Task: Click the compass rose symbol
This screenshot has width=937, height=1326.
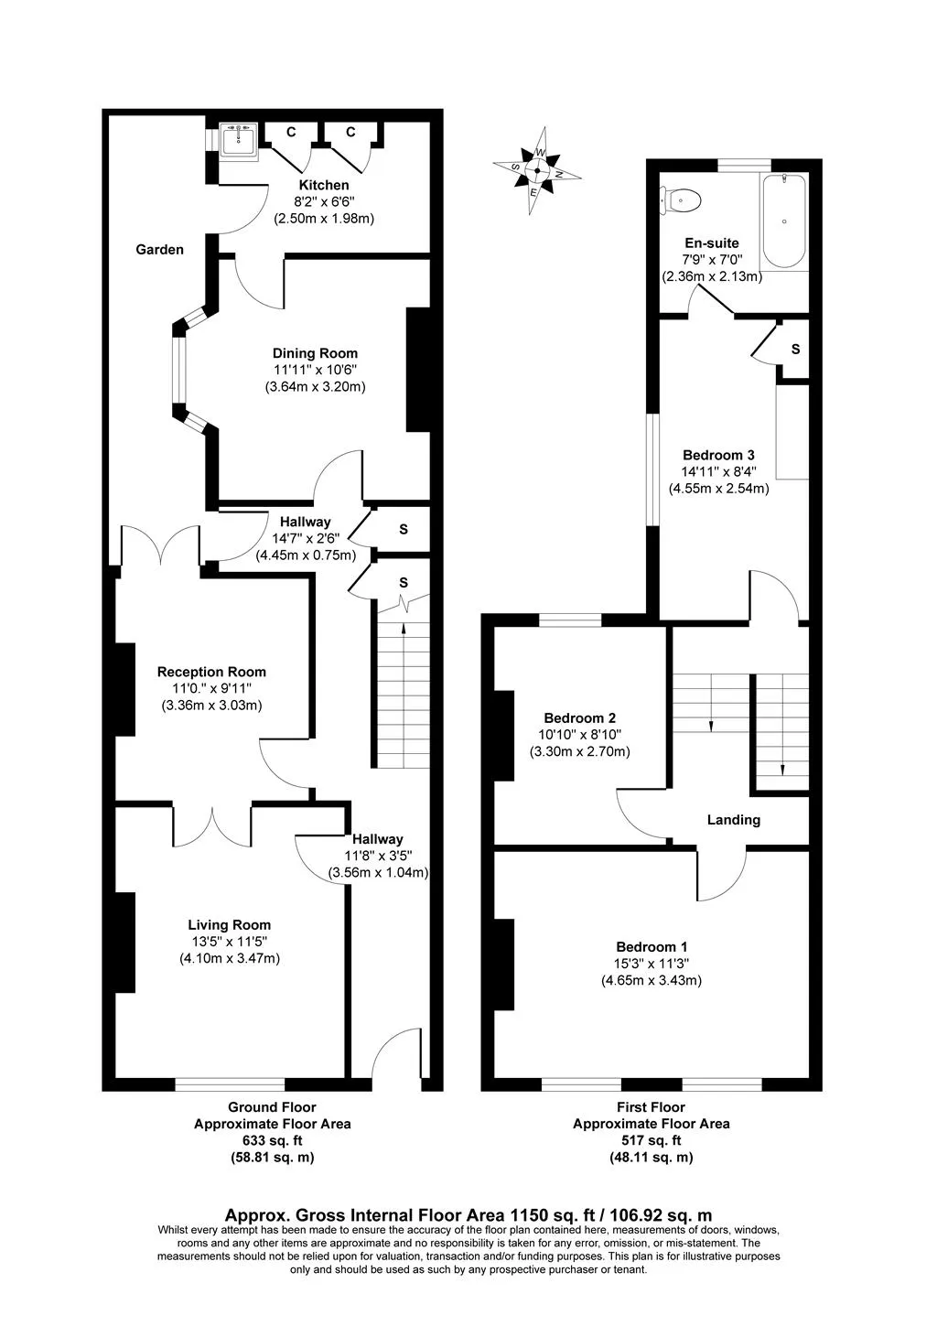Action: pos(537,170)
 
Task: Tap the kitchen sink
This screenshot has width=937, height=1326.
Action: pos(239,142)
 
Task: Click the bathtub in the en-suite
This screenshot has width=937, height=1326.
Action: pos(783,221)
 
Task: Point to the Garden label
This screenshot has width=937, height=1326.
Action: pos(159,250)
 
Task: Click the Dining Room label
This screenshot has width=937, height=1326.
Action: pos(315,353)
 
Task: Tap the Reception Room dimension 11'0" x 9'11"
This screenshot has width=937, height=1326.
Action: pos(211,688)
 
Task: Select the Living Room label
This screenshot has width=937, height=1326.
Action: pos(229,924)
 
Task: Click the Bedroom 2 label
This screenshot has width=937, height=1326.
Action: pos(579,718)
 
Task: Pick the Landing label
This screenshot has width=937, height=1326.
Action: pos(733,820)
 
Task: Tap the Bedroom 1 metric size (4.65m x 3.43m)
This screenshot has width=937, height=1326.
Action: pos(652,980)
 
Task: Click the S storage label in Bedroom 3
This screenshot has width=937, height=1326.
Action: pos(795,350)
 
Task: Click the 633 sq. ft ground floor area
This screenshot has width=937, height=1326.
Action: pos(272,1140)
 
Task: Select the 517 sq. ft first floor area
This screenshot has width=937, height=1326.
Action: pos(652,1140)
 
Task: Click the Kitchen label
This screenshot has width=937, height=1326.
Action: pos(324,185)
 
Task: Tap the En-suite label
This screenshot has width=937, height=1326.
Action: pos(712,243)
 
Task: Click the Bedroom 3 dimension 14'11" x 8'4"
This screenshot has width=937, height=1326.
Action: pos(718,472)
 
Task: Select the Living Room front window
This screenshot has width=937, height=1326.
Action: pos(230,1084)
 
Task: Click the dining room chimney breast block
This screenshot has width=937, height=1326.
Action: pos(418,370)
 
